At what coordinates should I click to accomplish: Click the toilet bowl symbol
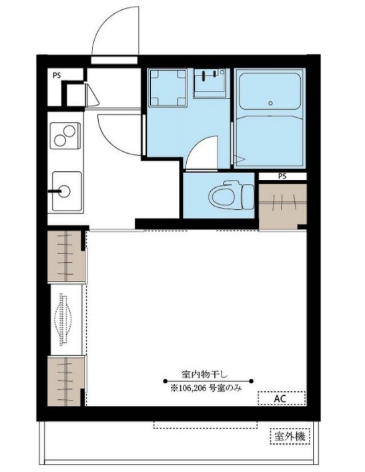point(232,195)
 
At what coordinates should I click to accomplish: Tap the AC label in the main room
point(280,398)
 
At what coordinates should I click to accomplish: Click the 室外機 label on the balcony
point(290,436)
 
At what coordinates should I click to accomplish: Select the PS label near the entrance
point(57,76)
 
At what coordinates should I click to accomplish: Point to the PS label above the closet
point(282,176)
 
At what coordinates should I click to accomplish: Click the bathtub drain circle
point(270,103)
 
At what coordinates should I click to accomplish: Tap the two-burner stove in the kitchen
point(65,136)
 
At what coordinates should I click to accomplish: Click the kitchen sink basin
point(67,191)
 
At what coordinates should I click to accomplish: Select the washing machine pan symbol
point(168,88)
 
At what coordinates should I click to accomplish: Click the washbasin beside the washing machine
point(210,83)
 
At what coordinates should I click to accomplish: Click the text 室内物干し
point(205,374)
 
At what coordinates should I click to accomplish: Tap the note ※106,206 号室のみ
point(206,388)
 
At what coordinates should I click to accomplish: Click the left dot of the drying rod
point(165,381)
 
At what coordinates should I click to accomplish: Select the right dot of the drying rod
point(251,381)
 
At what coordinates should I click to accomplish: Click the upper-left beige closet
point(65,256)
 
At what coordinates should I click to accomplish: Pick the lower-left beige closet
point(65,381)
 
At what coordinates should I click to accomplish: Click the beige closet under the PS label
point(282,206)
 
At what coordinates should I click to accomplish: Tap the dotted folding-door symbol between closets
point(63,319)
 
